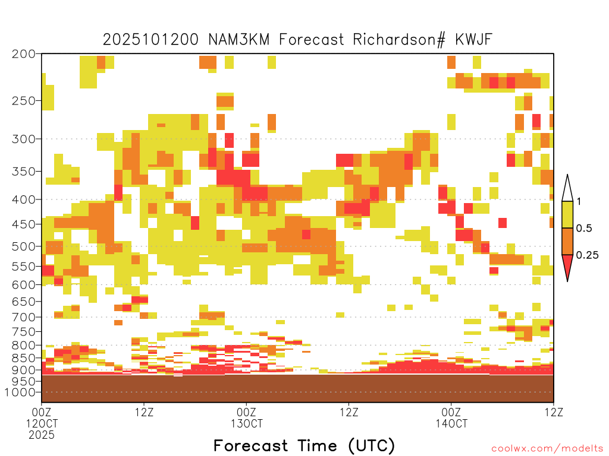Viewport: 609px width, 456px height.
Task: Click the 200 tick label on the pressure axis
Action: point(24,54)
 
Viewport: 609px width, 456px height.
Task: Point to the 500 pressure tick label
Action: point(24,246)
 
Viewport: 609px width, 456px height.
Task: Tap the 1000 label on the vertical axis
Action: point(20,392)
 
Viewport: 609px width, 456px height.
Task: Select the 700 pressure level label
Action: point(24,318)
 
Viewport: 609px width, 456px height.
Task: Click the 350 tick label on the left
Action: point(24,172)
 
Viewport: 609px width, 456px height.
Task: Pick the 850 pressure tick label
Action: point(24,358)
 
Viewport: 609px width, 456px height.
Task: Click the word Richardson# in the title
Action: point(399,40)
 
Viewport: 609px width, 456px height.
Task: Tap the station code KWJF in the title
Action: point(473,39)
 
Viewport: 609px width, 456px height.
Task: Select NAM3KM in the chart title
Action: point(239,39)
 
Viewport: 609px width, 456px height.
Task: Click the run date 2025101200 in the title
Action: point(150,39)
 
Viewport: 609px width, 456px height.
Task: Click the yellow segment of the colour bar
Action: point(567,214)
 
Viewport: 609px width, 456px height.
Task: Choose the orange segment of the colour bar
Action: point(567,241)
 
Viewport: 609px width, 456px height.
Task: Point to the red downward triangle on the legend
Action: point(567,267)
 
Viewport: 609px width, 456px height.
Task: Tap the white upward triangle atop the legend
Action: point(567,188)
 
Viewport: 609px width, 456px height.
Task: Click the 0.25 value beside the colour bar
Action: point(587,255)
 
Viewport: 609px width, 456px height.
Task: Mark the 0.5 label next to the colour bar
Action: point(584,228)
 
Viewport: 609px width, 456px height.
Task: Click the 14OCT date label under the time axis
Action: point(451,423)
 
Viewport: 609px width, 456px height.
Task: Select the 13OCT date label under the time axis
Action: point(246,423)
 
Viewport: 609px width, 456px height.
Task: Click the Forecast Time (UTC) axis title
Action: point(304,446)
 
